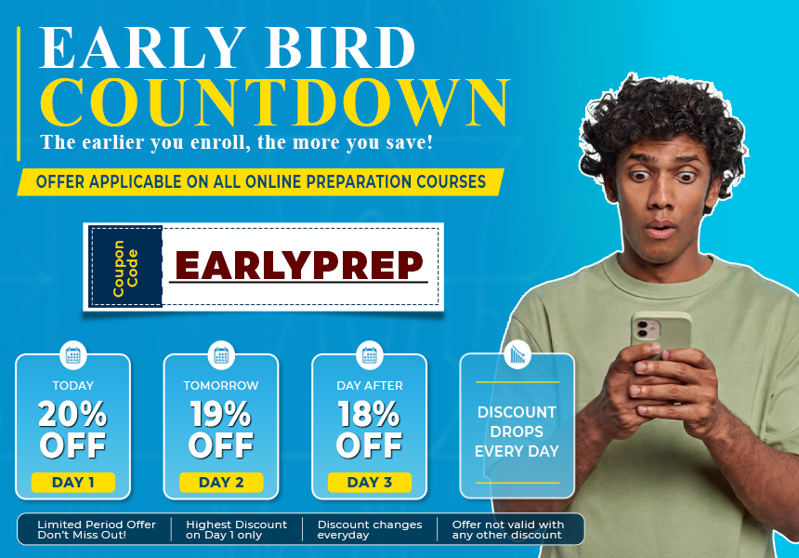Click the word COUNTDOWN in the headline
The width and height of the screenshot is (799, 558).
(275, 102)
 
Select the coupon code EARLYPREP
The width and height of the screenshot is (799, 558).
(299, 265)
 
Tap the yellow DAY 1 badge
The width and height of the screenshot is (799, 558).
(72, 482)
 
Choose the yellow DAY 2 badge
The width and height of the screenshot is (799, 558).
(221, 482)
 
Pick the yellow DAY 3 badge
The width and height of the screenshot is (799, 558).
(370, 482)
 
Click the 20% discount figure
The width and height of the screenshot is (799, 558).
(72, 414)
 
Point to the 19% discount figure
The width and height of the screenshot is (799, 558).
(221, 414)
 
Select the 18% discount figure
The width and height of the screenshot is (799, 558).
(369, 414)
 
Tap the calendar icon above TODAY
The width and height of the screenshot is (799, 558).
(72, 355)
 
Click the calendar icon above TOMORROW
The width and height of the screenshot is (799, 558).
(221, 355)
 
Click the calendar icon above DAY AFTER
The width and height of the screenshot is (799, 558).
(370, 355)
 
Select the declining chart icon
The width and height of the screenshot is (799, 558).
(517, 354)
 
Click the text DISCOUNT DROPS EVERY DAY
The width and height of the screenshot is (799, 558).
(517, 432)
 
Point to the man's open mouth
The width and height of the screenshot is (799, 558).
(660, 230)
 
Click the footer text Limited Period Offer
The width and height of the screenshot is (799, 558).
(97, 525)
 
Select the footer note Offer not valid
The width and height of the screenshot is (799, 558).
(508, 529)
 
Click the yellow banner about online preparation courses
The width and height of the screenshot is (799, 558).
(260, 182)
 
